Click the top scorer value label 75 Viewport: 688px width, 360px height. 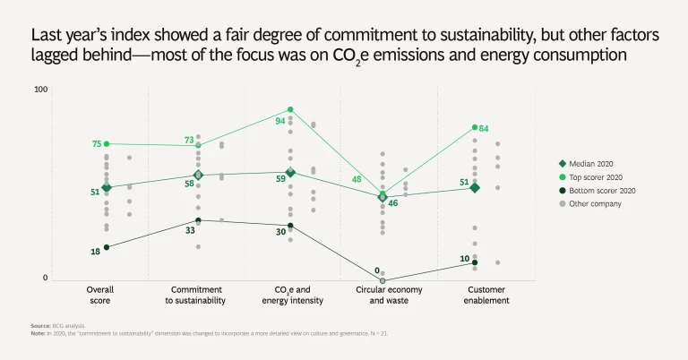click(x=97, y=144)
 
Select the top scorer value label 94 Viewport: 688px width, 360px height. click(x=280, y=120)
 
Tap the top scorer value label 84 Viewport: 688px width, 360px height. click(x=484, y=129)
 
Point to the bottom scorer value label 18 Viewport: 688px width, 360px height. click(x=96, y=252)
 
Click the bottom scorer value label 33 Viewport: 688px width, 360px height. click(x=190, y=230)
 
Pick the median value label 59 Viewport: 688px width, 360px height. click(x=280, y=179)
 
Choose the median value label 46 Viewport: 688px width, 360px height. click(x=392, y=203)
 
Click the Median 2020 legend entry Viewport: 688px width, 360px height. click(x=595, y=164)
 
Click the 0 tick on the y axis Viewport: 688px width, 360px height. click(x=45, y=279)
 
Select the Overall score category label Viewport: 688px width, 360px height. click(x=99, y=296)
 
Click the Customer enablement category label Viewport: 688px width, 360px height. click(x=475, y=296)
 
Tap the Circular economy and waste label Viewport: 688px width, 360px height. click(x=388, y=296)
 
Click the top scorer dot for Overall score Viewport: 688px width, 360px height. click(x=107, y=143)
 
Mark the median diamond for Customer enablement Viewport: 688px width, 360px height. click(x=475, y=188)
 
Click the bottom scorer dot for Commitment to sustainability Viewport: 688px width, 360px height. click(x=198, y=220)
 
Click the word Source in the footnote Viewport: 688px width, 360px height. click(x=39, y=326)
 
